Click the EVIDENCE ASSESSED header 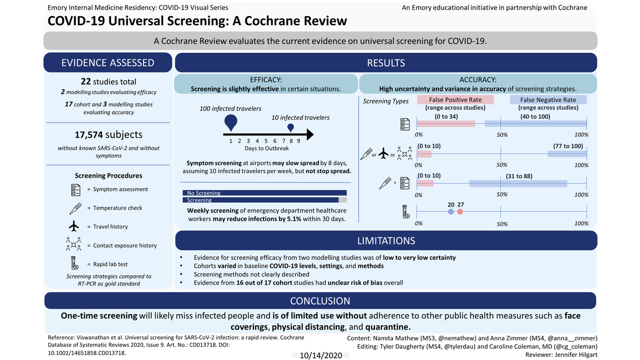tap(108, 63)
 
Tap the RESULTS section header tap(386, 63)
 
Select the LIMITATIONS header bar tap(386, 241)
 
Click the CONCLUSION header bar tap(320, 301)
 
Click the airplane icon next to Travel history tap(75, 226)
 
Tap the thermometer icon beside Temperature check tap(75, 207)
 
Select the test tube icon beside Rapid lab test tap(75, 263)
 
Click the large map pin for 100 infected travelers tap(231, 123)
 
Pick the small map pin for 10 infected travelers tap(291, 128)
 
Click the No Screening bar tap(265, 193)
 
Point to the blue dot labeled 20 tap(451, 212)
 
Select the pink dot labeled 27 tap(460, 212)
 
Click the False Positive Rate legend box tap(456, 100)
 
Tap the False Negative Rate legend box tap(548, 100)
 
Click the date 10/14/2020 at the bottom tap(320, 355)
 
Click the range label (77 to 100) tap(569, 146)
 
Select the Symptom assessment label tap(121, 189)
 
